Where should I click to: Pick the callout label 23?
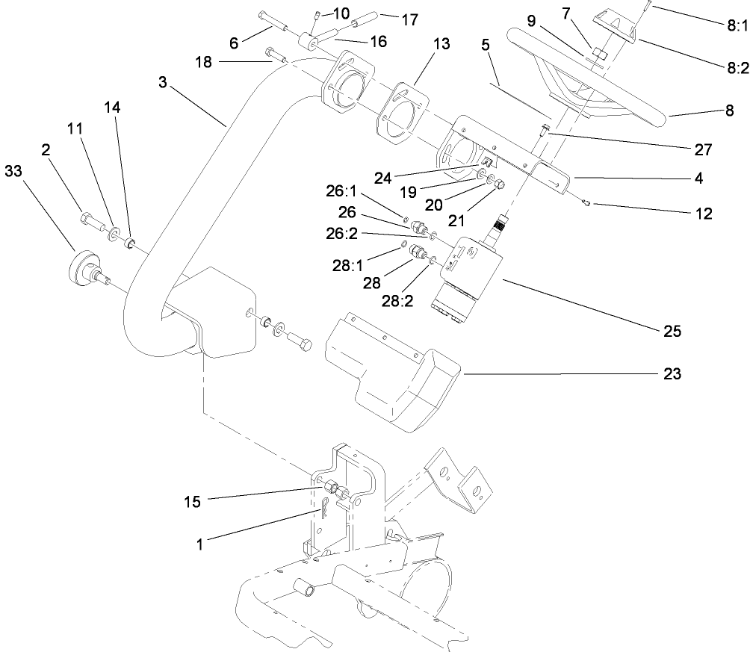pos(672,374)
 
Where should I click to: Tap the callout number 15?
pos(192,501)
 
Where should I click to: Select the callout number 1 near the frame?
pos(199,546)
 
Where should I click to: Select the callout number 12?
pos(702,214)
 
